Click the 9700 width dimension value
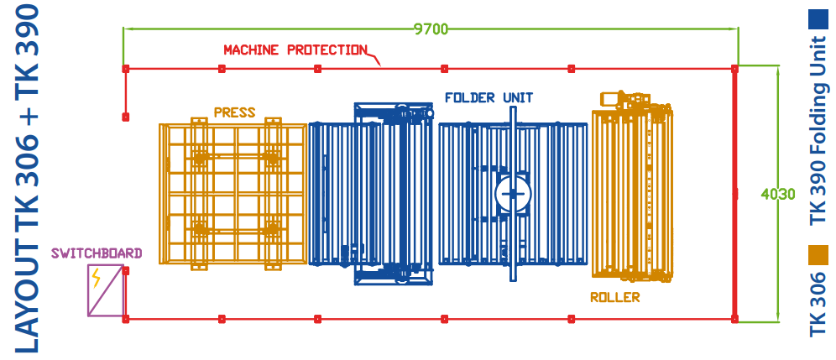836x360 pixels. coord(431,29)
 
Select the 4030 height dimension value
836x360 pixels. coord(778,194)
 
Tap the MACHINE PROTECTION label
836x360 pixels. coord(295,50)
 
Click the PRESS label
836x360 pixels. coord(234,112)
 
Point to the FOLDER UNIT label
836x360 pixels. coord(489,97)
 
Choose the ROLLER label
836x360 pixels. coord(614,297)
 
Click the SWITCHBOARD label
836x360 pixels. coord(97,253)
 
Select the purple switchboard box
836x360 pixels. coord(106,290)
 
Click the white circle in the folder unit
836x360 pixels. coord(513,194)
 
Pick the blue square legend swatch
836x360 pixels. coord(818,19)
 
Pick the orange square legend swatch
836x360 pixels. coord(818,255)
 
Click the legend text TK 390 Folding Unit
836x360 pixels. coord(818,131)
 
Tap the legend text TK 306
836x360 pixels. coord(818,304)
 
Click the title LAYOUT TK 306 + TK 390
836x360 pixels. coord(27,179)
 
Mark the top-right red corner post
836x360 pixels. coord(734,69)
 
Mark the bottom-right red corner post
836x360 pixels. coord(734,319)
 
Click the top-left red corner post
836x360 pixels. coord(126,69)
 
